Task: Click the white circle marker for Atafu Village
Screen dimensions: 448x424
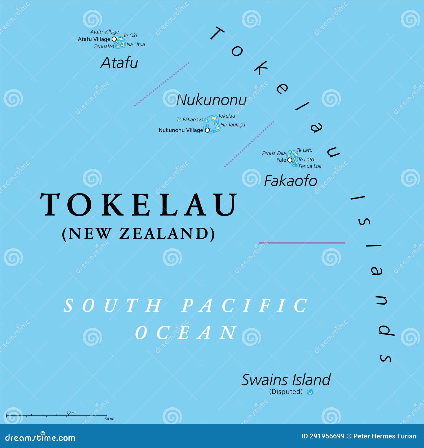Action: click(114, 39)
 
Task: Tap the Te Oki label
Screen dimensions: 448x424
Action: click(130, 36)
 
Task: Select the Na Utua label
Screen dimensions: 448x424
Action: click(136, 45)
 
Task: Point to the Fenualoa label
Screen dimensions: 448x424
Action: click(104, 46)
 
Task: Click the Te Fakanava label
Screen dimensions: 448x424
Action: click(190, 120)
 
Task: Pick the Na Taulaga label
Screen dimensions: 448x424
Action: click(233, 125)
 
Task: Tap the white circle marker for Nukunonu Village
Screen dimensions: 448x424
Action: click(207, 130)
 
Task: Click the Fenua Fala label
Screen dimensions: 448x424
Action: click(274, 153)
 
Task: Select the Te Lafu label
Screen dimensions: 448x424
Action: click(304, 150)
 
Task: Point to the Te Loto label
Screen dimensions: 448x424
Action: click(306, 160)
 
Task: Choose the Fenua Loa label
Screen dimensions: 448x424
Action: click(310, 166)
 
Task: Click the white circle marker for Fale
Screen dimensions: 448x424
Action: click(290, 160)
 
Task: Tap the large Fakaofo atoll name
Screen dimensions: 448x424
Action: click(290, 181)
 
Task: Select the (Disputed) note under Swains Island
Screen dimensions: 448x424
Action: click(286, 392)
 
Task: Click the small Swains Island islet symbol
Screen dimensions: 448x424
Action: click(310, 392)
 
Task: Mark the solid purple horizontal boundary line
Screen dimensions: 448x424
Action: click(302, 243)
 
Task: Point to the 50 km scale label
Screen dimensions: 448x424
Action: click(71, 412)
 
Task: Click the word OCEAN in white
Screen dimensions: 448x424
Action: click(186, 332)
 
